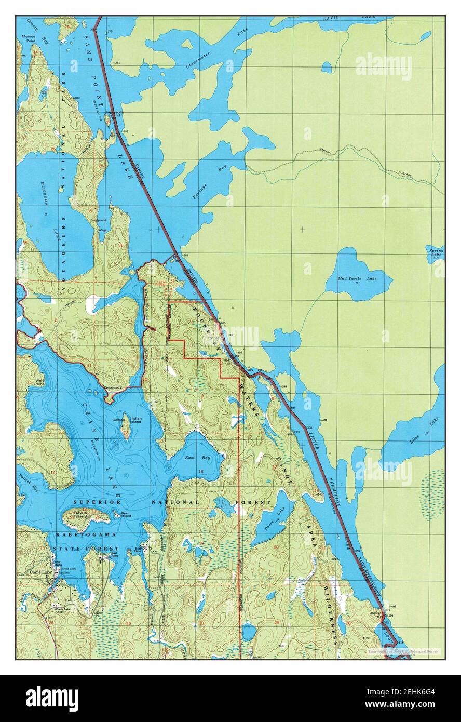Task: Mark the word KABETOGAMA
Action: tap(87, 534)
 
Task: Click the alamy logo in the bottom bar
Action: tap(52, 698)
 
